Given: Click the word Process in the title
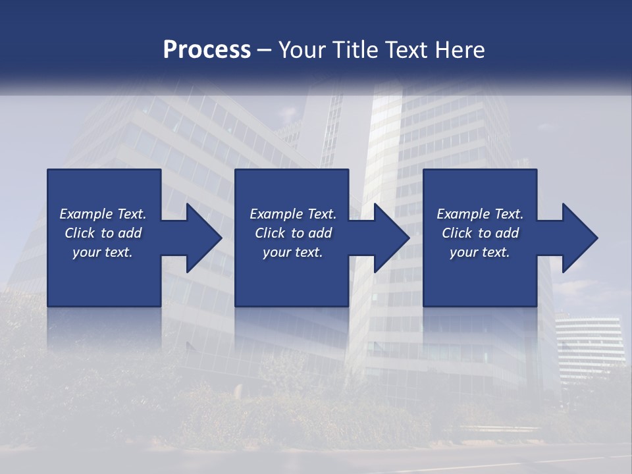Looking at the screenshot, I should pyautogui.click(x=207, y=50).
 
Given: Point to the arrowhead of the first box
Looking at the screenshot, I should pyautogui.click(x=201, y=238).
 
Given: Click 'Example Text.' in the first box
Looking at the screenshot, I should pyautogui.click(x=103, y=214).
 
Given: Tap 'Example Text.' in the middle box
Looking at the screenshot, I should pyautogui.click(x=293, y=214).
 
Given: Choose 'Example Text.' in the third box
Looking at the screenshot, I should pyautogui.click(x=480, y=214).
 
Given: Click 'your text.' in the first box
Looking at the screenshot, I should pyautogui.click(x=103, y=252).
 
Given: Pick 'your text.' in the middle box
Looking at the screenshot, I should pyautogui.click(x=293, y=252).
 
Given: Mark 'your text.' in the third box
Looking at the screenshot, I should pyautogui.click(x=480, y=252).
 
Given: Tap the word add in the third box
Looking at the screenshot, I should pyautogui.click(x=506, y=233).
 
